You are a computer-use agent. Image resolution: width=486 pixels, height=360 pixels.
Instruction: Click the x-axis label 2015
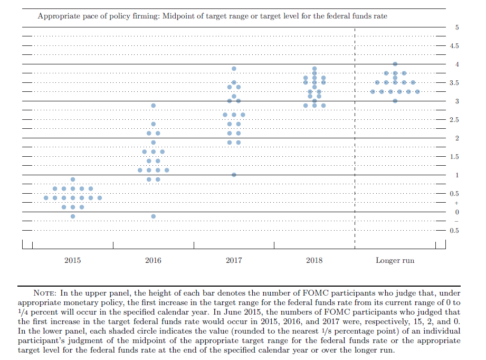[x=72, y=260]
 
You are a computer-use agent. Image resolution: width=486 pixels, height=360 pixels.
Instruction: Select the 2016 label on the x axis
[x=153, y=260]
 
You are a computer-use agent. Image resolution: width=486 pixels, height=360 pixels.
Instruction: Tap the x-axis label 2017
[x=234, y=260]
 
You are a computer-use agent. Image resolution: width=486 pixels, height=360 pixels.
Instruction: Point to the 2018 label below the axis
[x=315, y=260]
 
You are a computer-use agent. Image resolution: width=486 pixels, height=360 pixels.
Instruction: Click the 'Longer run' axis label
[x=395, y=260]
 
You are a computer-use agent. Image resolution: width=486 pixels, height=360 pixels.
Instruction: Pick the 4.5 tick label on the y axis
[x=454, y=46]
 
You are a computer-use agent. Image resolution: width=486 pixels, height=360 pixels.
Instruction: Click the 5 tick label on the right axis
[x=457, y=27]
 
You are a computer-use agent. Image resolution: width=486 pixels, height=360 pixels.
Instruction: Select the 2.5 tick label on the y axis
[x=454, y=120]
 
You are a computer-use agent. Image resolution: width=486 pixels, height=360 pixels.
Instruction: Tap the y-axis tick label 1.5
[x=454, y=157]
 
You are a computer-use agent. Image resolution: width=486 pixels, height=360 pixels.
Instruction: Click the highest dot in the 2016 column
[x=154, y=106]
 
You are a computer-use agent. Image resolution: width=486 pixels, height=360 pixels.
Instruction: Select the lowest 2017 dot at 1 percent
[x=234, y=175]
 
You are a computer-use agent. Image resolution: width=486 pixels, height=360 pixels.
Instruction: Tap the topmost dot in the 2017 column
[x=234, y=69]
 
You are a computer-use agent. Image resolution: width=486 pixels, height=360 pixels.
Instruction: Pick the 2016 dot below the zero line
[x=154, y=216]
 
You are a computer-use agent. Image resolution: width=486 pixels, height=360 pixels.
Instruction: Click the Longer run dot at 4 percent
[x=395, y=64]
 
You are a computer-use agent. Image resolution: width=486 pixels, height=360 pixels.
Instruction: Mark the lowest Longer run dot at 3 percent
[x=395, y=101]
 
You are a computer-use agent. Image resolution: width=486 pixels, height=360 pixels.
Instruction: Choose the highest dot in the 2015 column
[x=73, y=179]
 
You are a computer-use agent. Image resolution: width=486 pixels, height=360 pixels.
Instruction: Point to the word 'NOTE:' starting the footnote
[x=45, y=293]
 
